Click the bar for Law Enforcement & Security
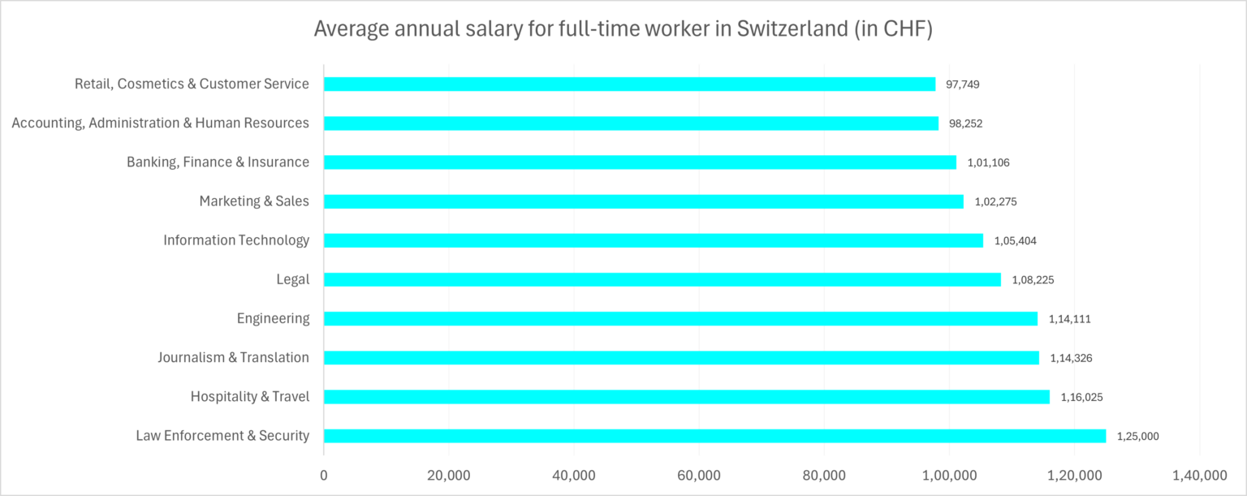click(x=714, y=436)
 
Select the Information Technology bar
click(x=654, y=240)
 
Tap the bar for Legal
click(x=662, y=279)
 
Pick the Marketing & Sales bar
click(x=644, y=201)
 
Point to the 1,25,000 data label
click(x=1138, y=436)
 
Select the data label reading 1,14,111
click(x=1069, y=319)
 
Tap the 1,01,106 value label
click(x=988, y=162)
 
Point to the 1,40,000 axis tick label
click(x=1199, y=475)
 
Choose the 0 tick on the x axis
click(x=324, y=475)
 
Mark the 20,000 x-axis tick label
click(x=449, y=475)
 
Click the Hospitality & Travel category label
click(x=250, y=397)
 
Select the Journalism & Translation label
click(x=233, y=358)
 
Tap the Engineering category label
click(x=273, y=318)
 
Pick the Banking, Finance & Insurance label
click(x=218, y=162)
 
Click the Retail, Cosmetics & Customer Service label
click(x=192, y=84)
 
